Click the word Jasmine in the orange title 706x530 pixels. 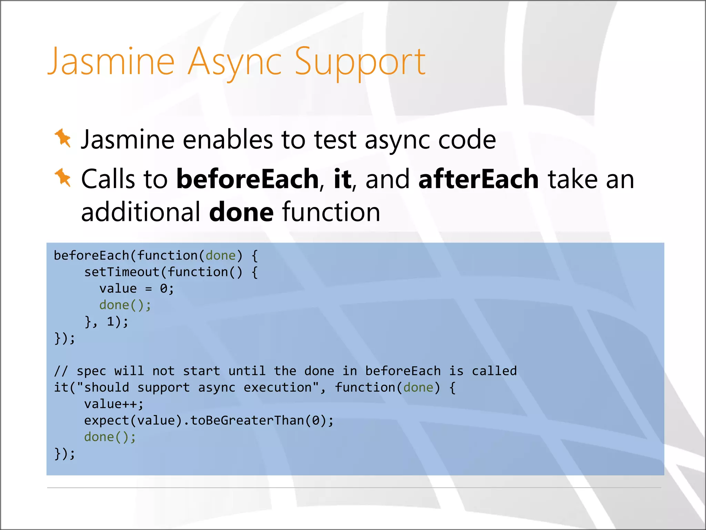click(x=111, y=62)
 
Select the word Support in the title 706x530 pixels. click(x=360, y=62)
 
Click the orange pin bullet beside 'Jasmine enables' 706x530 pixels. click(x=63, y=138)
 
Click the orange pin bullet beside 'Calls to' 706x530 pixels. click(x=63, y=177)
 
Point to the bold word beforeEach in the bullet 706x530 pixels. click(x=248, y=179)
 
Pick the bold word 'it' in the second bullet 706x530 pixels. click(x=342, y=179)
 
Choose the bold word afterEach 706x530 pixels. click(x=478, y=179)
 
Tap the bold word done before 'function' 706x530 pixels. click(x=241, y=212)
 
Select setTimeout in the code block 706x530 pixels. click(x=122, y=272)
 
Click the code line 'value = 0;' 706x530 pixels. click(x=137, y=288)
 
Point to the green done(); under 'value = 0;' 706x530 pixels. click(x=125, y=305)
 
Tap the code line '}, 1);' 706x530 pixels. click(x=107, y=322)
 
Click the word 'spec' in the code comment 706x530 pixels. click(x=91, y=371)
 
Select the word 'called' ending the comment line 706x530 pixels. click(x=494, y=371)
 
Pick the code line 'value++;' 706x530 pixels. click(x=114, y=404)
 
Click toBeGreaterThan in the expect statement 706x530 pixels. click(x=247, y=421)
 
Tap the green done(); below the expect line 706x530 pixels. click(x=110, y=437)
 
